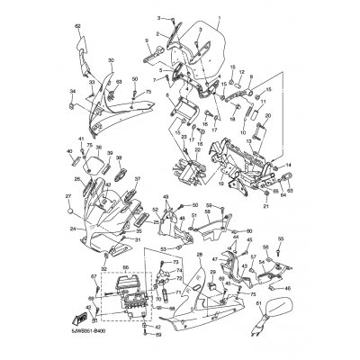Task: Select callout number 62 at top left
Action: pos(77,26)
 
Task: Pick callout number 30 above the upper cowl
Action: pos(112,60)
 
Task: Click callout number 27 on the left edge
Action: pos(67,196)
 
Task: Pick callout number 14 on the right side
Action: pos(290,166)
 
